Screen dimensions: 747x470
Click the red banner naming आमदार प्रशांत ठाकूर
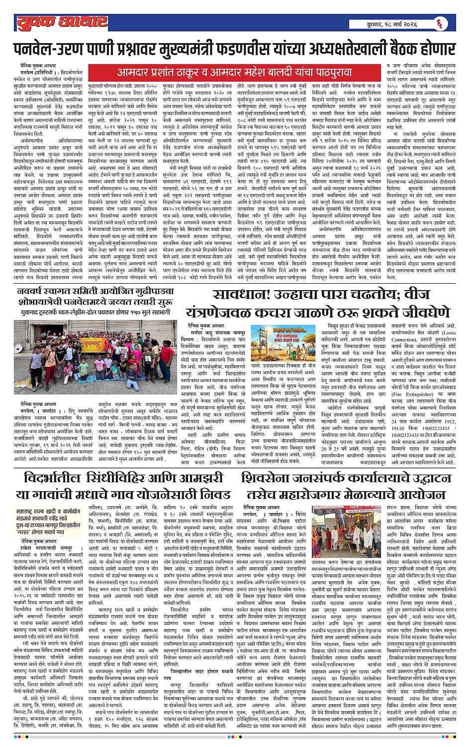tap(234, 72)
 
